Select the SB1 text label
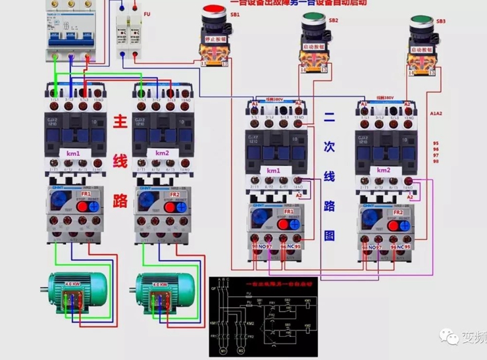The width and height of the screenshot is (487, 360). [x=235, y=14]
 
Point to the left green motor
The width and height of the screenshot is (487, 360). [x=74, y=290]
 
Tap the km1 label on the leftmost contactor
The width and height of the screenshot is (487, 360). [x=72, y=153]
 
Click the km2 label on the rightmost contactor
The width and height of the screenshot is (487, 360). [x=384, y=170]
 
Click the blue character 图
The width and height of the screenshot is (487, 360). [x=330, y=235]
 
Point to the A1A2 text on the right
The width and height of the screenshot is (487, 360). [x=436, y=113]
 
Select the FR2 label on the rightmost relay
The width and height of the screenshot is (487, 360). [x=398, y=213]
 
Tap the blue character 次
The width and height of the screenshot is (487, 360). [x=330, y=148]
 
